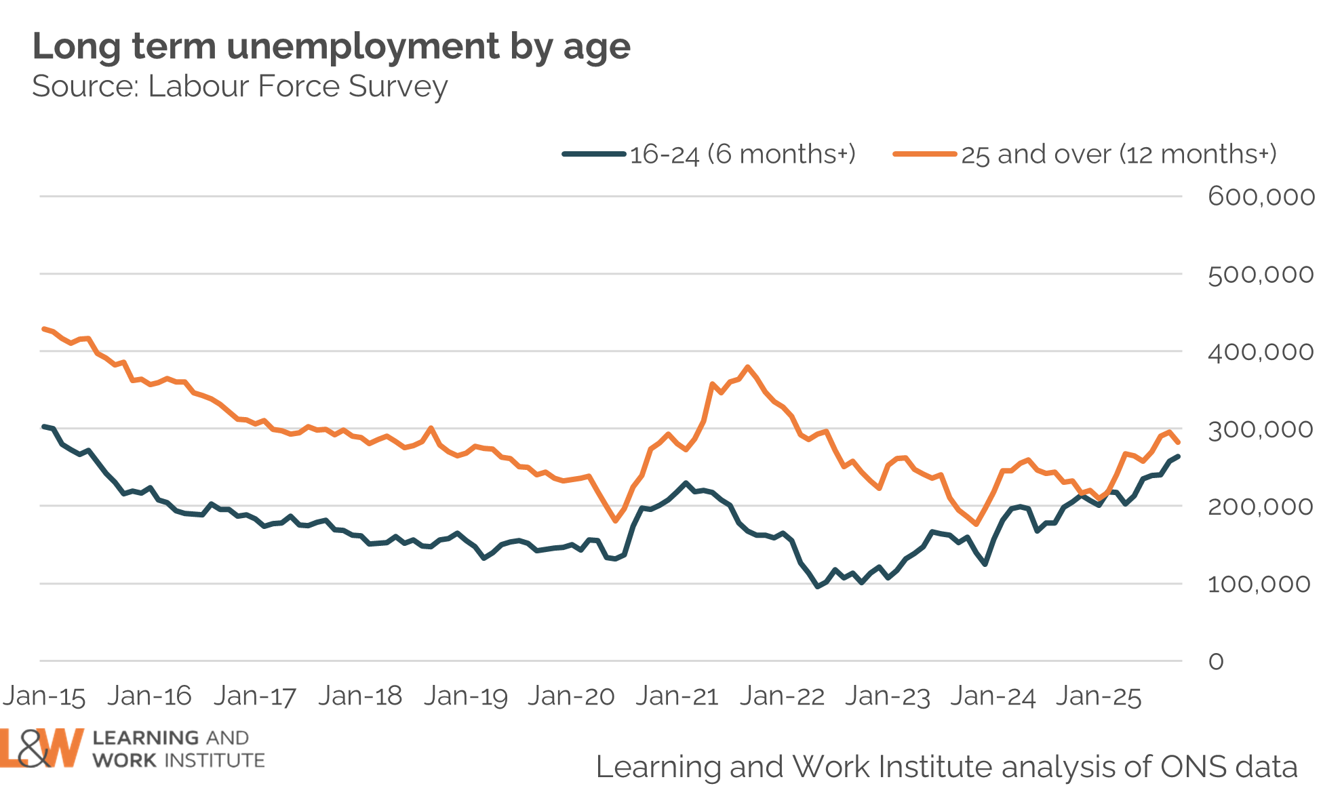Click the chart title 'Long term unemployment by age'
point(331,47)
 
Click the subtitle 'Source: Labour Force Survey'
point(239,87)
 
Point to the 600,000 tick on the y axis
point(1261,197)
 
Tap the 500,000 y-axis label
point(1261,275)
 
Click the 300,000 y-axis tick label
point(1261,429)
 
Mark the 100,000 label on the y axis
point(1259,584)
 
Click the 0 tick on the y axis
point(1216,661)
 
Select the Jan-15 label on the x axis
point(45,696)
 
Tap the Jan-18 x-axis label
point(360,696)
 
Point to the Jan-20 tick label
point(571,696)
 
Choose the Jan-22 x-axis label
point(782,696)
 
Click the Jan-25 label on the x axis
point(1099,696)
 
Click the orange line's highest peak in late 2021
point(747,367)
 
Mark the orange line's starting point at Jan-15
point(44,329)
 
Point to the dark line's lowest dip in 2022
point(818,587)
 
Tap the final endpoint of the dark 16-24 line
point(1178,456)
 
